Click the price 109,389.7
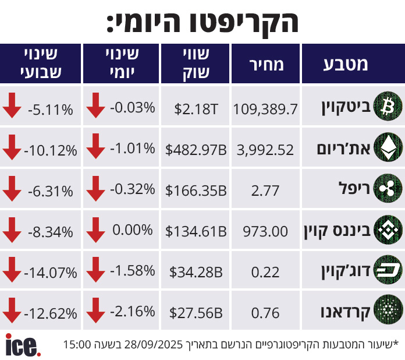pyautogui.click(x=265, y=108)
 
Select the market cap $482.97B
pyautogui.click(x=196, y=150)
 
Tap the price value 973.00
pyautogui.click(x=265, y=231)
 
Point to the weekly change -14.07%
pyautogui.click(x=51, y=272)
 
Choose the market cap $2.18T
pyautogui.click(x=196, y=108)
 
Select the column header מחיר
pyautogui.click(x=266, y=64)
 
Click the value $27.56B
pyautogui.click(x=196, y=313)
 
